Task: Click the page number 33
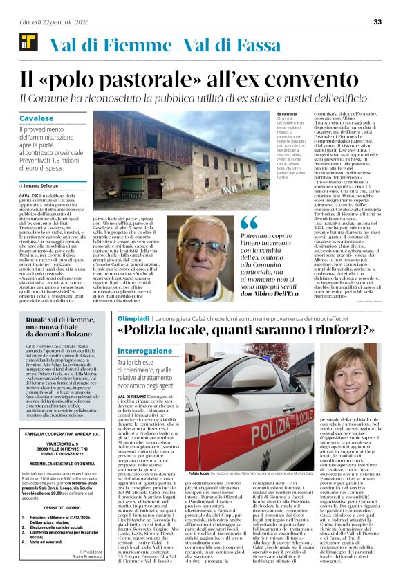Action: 377,22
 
